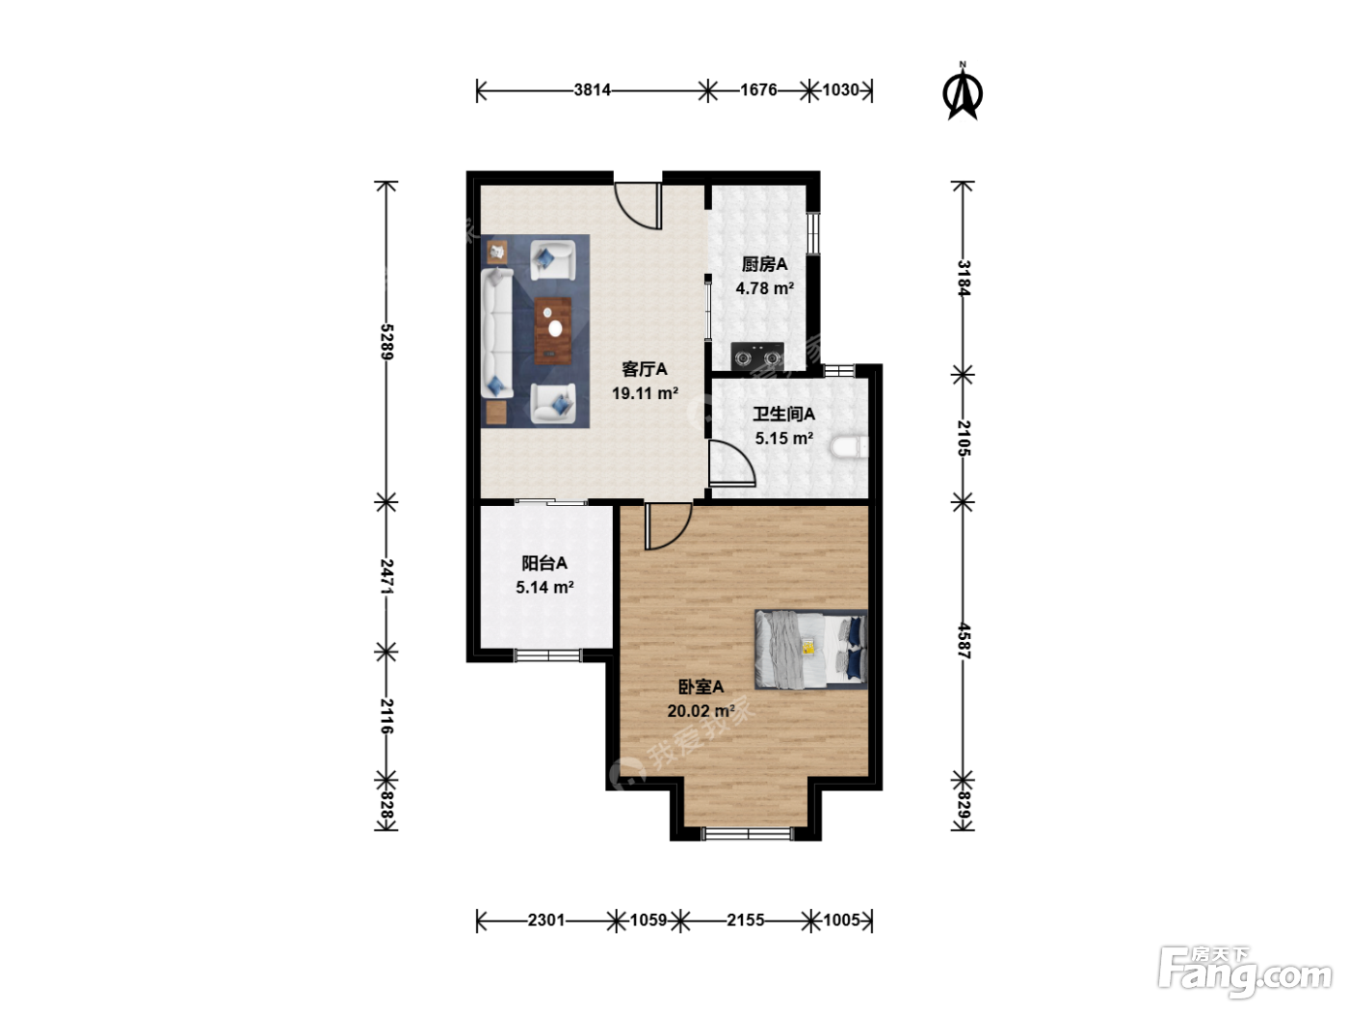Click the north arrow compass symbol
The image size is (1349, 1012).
[963, 93]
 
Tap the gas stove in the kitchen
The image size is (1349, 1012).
[757, 357]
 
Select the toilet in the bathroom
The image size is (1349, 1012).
[849, 446]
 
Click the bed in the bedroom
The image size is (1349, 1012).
[810, 650]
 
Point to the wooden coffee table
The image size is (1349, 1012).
[553, 331]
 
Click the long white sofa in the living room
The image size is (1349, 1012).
[496, 332]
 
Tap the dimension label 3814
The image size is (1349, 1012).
[593, 91]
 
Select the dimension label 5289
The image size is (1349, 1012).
[386, 341]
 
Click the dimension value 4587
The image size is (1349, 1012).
[963, 641]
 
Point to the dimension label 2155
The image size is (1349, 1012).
[746, 919]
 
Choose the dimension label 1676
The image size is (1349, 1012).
[758, 91]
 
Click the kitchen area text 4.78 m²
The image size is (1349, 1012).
[764, 288]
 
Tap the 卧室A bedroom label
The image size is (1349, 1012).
[701, 686]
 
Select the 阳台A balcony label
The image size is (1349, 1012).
[544, 563]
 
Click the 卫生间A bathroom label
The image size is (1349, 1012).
[784, 414]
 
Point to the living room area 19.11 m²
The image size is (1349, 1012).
[645, 393]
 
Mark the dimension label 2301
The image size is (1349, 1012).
[546, 919]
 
